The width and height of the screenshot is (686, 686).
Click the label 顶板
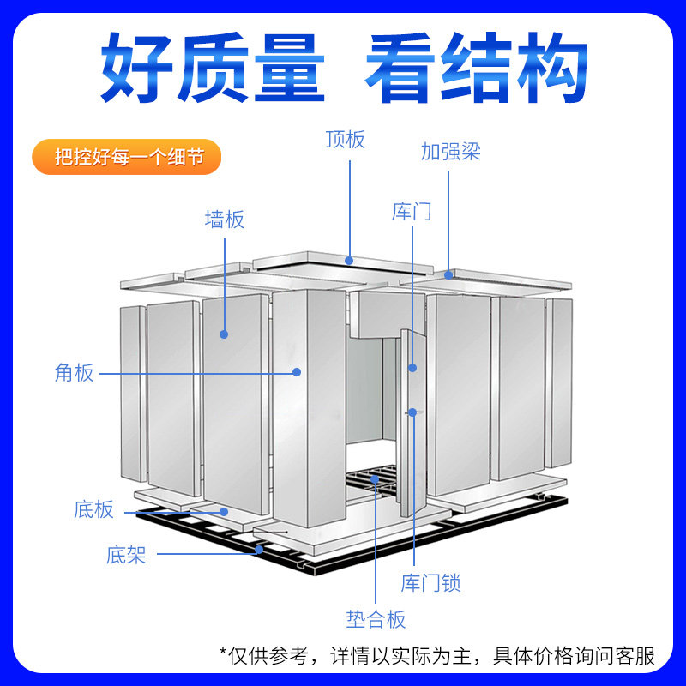tap(345, 139)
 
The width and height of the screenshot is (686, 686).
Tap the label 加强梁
tap(450, 152)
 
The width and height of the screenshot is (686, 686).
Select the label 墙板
tap(225, 220)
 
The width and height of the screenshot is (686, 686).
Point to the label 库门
tap(412, 211)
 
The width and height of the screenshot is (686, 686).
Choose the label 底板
tap(94, 510)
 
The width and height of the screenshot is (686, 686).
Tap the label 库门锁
tap(430, 584)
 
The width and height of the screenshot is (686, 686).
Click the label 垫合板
tap(376, 619)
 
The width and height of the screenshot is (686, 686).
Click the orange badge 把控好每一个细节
tap(125, 158)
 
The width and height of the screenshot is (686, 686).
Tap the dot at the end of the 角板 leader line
tap(297, 372)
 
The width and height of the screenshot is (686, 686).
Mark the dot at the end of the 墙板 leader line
tap(225, 333)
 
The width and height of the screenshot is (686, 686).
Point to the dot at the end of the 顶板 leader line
tap(350, 259)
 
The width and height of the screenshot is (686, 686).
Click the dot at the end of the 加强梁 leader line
tap(450, 275)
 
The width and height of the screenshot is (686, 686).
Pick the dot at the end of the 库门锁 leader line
tap(412, 412)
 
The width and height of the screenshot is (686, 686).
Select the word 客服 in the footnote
tap(635, 657)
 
